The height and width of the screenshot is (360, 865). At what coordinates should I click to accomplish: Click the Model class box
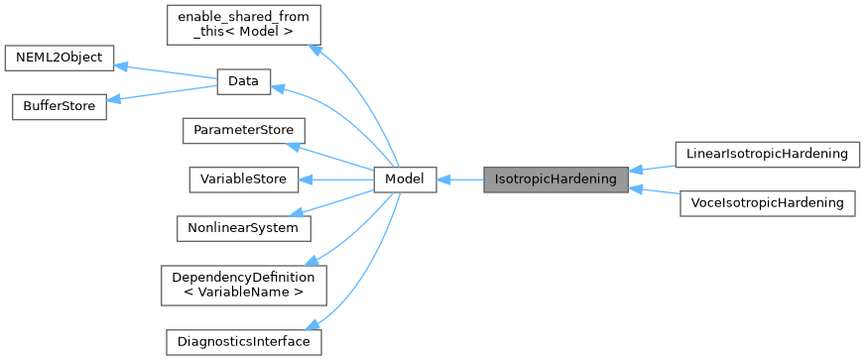(405, 180)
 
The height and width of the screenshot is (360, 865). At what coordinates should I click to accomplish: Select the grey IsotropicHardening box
(555, 180)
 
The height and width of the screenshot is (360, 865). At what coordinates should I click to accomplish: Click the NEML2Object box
(60, 58)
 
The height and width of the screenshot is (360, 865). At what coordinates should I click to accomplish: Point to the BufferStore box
(59, 106)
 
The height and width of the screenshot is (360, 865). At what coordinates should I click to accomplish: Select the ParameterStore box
(242, 131)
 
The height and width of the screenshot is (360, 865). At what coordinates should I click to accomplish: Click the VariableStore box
(243, 180)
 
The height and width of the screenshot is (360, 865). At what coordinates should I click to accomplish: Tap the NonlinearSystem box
(243, 228)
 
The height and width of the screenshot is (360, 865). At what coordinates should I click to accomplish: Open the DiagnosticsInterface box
(243, 342)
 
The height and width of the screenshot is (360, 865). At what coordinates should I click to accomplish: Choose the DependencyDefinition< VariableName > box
(244, 285)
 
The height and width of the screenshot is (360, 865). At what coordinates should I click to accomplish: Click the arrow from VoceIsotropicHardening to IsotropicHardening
(653, 190)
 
